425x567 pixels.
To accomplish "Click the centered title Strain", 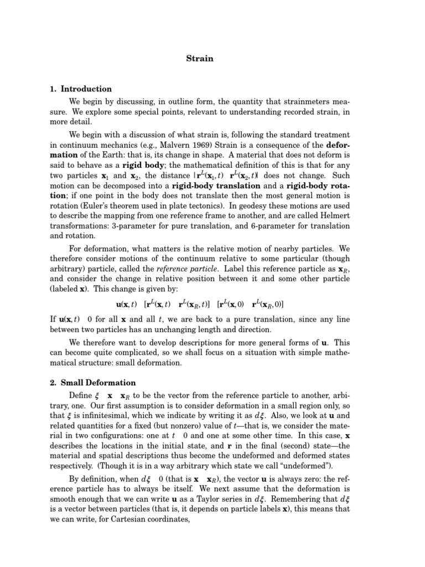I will [x=203, y=58].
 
